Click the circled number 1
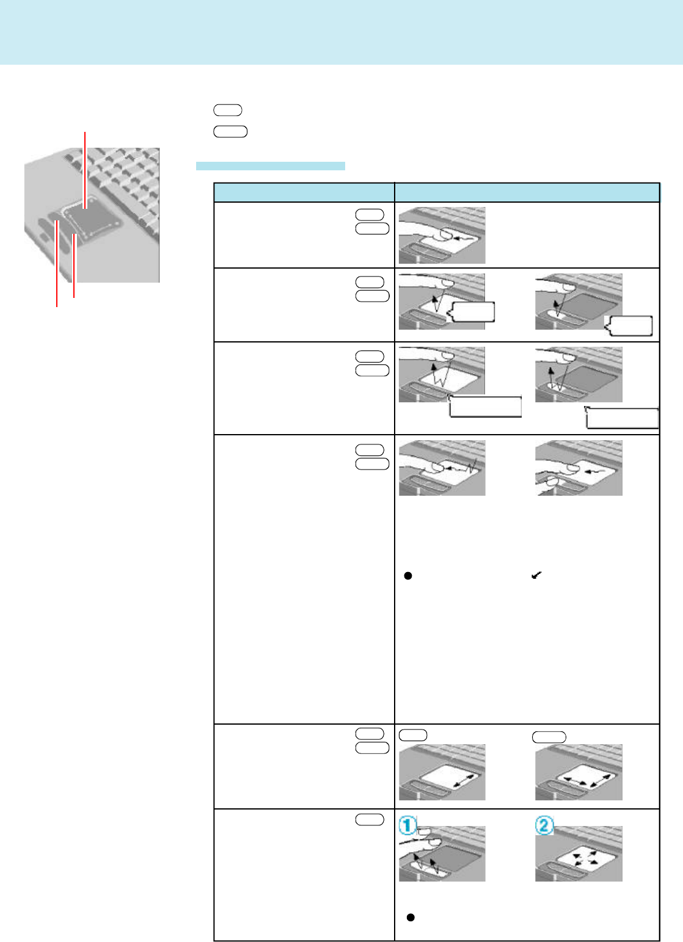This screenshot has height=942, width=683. coord(407,827)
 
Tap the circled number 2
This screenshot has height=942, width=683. coord(544,827)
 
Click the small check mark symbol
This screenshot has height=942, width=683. coord(537,575)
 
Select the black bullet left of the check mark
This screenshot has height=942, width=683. coord(408,576)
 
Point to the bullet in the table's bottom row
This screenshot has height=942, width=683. coord(411,917)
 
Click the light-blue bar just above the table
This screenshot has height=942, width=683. coord(270,165)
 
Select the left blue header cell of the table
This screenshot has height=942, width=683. coord(304,192)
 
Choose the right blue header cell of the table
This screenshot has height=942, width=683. coord(527,192)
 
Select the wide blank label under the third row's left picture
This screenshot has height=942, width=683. coord(485,407)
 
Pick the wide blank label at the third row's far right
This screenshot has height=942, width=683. coord(622,418)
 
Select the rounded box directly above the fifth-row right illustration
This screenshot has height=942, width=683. coord(549,737)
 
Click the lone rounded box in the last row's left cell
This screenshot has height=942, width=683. coord(369,820)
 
